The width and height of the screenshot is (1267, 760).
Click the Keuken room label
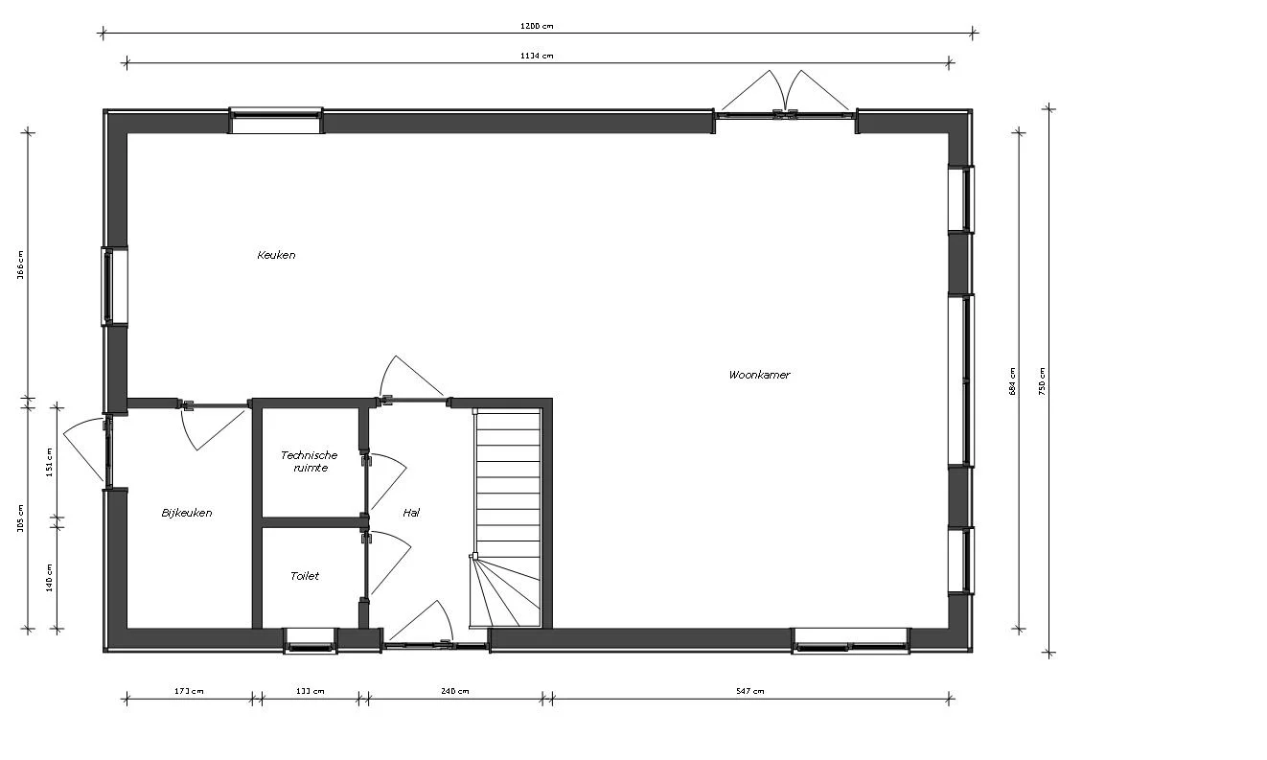point(276,255)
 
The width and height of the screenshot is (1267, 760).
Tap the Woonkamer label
point(759,375)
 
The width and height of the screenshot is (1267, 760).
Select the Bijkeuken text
point(187,513)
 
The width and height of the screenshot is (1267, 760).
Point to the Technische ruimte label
point(309,461)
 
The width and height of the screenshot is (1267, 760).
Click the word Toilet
point(305,576)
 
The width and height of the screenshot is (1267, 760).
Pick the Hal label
point(411,513)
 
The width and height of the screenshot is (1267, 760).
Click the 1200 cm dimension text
point(538,26)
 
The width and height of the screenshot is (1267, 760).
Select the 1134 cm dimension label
point(538,56)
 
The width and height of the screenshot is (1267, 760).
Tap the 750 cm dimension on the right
point(1043,380)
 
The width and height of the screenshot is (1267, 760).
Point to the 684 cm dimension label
point(1011,380)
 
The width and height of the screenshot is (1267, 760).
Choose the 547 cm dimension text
point(750,691)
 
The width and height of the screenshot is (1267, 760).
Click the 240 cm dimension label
point(455,691)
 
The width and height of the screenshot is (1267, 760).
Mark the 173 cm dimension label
point(190,691)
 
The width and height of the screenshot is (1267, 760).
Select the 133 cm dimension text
point(311,691)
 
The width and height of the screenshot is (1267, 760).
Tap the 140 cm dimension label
point(49,577)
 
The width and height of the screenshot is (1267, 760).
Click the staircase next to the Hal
point(508,518)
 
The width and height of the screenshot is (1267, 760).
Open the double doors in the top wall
point(785,105)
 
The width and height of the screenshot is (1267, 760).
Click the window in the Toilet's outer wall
point(310,640)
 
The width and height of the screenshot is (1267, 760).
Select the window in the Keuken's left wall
point(114,287)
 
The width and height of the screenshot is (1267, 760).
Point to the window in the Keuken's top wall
point(276,121)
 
